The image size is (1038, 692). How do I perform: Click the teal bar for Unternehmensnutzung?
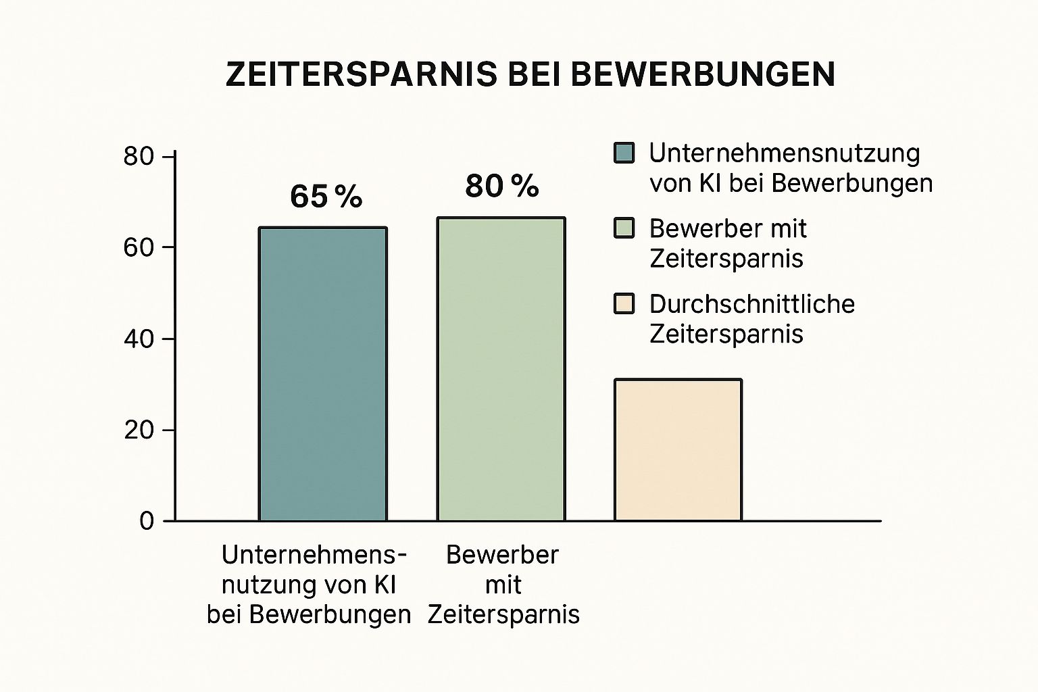click(x=323, y=374)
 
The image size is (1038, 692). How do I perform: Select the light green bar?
click(x=501, y=369)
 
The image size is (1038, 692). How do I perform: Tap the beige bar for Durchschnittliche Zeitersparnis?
click(x=678, y=450)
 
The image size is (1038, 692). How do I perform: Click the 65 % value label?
click(x=326, y=197)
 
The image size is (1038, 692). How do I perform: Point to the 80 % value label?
click(x=502, y=186)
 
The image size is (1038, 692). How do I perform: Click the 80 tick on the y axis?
click(x=139, y=157)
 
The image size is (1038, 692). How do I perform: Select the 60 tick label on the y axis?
click(x=139, y=248)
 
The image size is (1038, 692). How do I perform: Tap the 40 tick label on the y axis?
click(x=139, y=339)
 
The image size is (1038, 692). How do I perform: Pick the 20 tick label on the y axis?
click(x=139, y=430)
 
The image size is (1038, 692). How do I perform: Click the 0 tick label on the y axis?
click(x=147, y=522)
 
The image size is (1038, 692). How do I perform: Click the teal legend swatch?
click(x=624, y=153)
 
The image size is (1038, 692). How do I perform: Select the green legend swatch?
click(x=624, y=228)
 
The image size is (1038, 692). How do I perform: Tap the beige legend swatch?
click(x=624, y=304)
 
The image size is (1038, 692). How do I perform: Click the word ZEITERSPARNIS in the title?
click(x=361, y=74)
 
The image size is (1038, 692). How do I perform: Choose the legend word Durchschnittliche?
click(x=752, y=304)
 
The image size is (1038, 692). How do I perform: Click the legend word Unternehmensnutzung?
click(x=785, y=153)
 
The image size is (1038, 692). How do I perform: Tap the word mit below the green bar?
click(x=503, y=585)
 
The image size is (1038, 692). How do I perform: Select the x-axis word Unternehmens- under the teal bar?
click(x=314, y=555)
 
